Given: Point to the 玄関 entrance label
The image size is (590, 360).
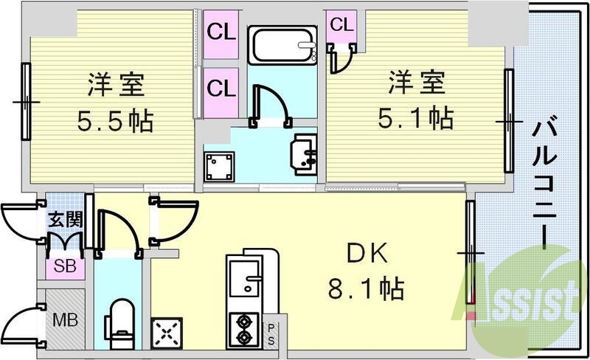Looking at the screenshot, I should (64, 219).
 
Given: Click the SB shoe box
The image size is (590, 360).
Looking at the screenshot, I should (64, 266).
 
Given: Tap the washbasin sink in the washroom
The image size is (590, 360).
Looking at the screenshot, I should (305, 153).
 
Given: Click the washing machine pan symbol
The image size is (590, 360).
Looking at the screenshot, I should (219, 166).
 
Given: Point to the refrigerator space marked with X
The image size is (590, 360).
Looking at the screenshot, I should (167, 332).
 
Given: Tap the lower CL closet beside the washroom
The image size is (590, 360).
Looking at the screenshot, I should (220, 89).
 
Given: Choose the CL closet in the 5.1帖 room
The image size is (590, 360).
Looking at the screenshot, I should (341, 25).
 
